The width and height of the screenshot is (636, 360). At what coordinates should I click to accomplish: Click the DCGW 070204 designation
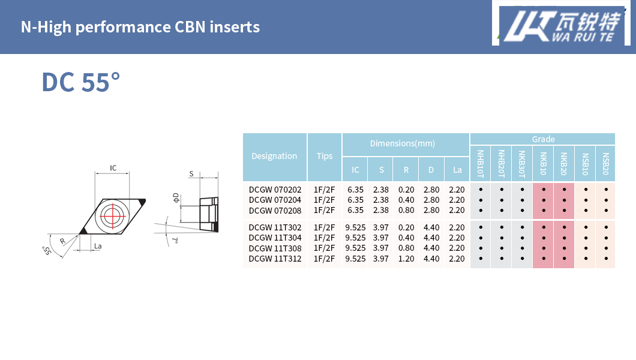(275, 200)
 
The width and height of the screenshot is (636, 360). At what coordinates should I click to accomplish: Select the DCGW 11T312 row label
(275, 259)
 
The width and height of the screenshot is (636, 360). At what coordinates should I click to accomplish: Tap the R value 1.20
(406, 259)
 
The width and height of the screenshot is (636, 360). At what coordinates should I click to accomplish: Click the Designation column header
(274, 156)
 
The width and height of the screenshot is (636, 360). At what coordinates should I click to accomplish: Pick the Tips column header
(325, 156)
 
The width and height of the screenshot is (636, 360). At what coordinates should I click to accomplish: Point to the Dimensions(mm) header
(403, 143)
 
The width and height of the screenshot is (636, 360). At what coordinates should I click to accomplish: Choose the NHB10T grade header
(481, 164)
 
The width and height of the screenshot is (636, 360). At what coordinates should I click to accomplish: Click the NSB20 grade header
(605, 164)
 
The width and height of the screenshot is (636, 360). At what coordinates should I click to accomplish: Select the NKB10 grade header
(544, 164)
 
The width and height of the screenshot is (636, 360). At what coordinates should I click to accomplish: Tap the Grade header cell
(543, 139)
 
